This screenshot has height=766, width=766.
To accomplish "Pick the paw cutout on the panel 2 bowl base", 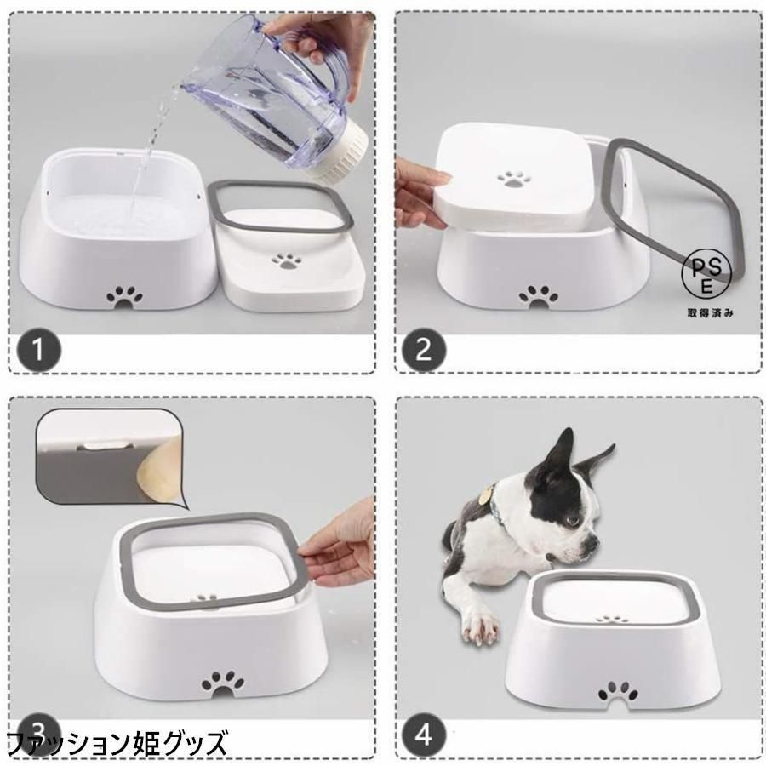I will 539,296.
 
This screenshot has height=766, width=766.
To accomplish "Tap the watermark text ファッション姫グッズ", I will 118,743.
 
